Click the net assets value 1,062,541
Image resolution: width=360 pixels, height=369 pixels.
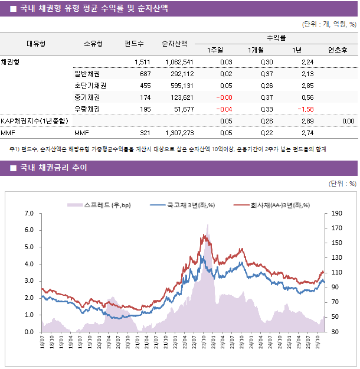pyautogui.click(x=179, y=62)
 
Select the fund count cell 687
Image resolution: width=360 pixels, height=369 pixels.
pyautogui.click(x=145, y=74)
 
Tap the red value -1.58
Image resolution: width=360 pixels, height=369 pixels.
pyautogui.click(x=305, y=109)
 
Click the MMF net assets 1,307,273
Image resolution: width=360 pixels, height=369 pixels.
pyautogui.click(x=179, y=133)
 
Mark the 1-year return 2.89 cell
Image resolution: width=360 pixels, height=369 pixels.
pyautogui.click(x=307, y=121)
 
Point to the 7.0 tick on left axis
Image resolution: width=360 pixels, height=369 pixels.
pyautogui.click(x=28, y=213)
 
